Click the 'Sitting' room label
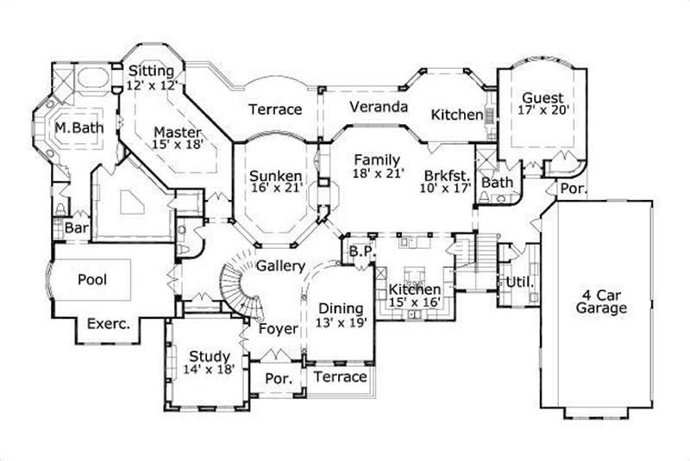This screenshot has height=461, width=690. (x=151, y=71)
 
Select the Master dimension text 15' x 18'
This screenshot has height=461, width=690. (x=178, y=146)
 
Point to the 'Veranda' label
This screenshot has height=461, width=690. (x=378, y=108)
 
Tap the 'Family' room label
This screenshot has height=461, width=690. (x=376, y=159)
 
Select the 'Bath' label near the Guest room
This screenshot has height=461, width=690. (x=497, y=183)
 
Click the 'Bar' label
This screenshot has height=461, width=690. (x=76, y=228)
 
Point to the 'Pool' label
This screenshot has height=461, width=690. (x=92, y=280)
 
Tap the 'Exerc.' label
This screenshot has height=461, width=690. (x=108, y=325)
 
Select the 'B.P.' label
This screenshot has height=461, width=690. (x=360, y=252)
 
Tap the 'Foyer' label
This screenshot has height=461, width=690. (x=278, y=329)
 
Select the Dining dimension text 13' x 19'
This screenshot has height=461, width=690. (x=342, y=323)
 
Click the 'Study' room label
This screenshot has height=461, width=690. (x=209, y=356)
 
